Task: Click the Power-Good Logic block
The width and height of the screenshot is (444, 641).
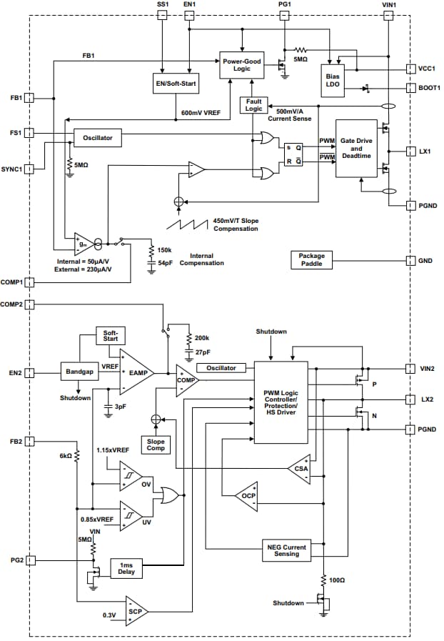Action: click(242, 65)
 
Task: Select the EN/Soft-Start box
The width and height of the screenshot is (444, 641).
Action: click(176, 83)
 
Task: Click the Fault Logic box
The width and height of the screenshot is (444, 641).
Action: click(253, 106)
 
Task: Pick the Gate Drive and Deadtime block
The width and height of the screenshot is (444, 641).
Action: click(356, 148)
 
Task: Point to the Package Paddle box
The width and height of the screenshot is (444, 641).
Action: click(311, 260)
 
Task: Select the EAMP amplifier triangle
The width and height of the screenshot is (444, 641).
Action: click(136, 372)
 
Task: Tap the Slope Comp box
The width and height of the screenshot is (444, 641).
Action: click(156, 445)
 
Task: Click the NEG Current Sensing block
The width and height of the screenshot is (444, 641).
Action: click(288, 551)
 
